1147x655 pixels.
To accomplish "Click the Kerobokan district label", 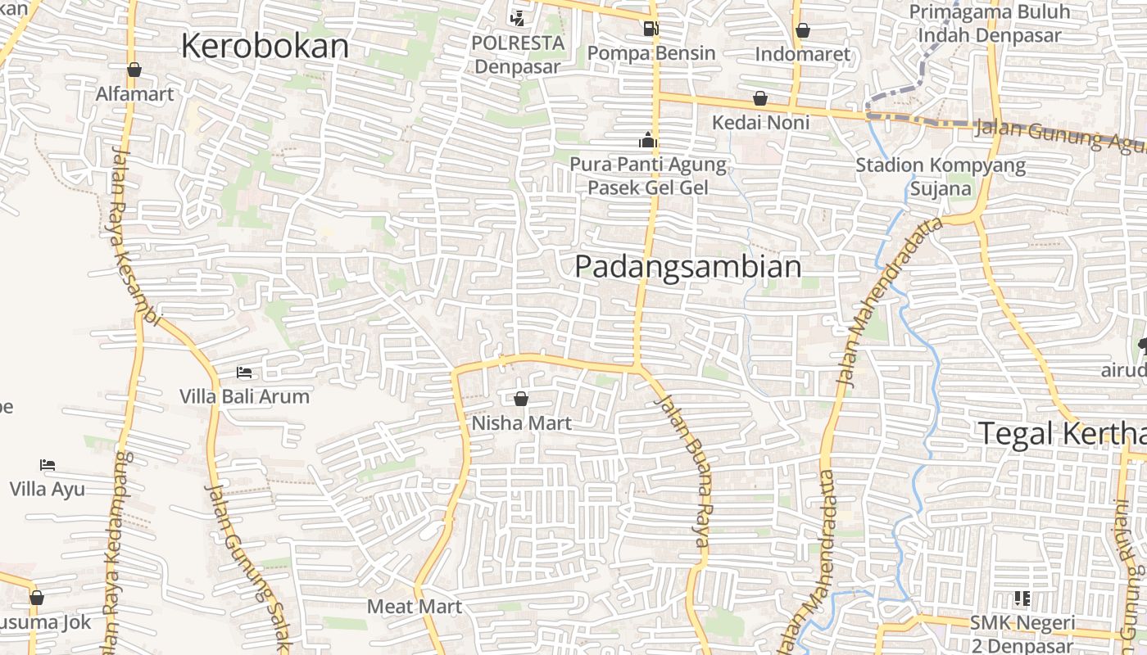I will [265, 46].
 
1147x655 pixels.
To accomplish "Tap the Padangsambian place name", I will [687, 267].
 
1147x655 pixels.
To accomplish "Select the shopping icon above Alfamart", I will [134, 70].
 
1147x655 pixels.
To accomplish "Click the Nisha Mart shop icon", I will [521, 400].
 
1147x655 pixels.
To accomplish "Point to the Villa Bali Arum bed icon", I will [244, 373].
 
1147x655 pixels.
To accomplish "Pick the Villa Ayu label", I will [48, 490].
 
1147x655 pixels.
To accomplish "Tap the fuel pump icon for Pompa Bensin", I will [651, 29].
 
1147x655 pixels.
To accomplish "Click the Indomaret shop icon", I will [803, 30].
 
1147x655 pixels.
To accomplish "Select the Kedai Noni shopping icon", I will [760, 98].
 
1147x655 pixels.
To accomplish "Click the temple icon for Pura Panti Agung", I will [648, 141].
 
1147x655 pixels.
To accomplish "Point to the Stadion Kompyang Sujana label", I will [941, 177].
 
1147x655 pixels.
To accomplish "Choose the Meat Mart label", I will [415, 607].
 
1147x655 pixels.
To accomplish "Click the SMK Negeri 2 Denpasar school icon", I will [1022, 599].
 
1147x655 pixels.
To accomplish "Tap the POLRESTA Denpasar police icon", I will [517, 17].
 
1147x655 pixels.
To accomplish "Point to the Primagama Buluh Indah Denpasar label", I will [990, 24].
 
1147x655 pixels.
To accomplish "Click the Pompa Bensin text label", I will [652, 53].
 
